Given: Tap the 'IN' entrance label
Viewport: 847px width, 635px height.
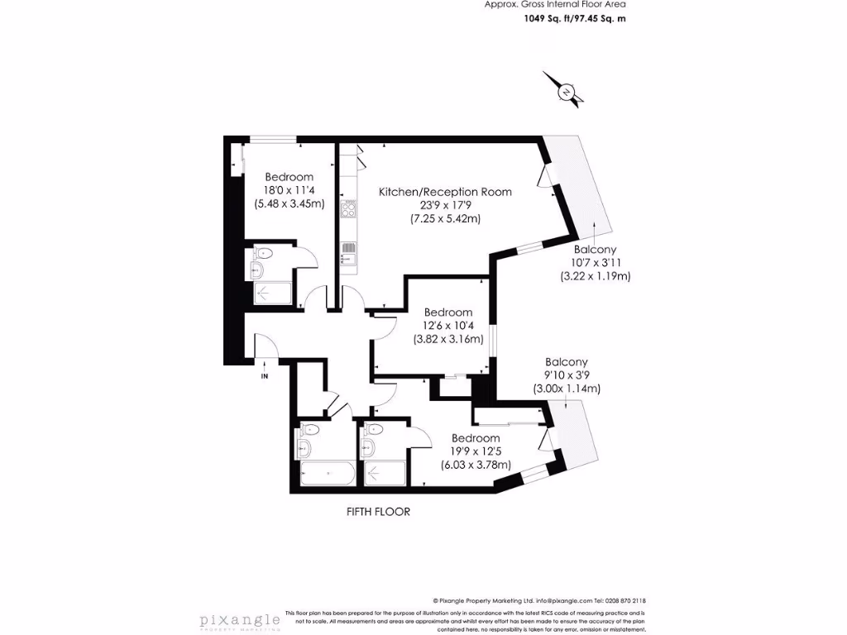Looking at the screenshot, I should [265, 376].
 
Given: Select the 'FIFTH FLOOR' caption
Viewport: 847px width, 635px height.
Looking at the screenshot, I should [378, 512].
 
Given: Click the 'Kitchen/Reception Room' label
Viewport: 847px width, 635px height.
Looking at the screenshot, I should [445, 192].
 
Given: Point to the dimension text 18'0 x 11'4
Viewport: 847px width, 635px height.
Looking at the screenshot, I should [289, 190].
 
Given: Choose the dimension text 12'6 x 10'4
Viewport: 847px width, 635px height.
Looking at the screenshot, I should [447, 325].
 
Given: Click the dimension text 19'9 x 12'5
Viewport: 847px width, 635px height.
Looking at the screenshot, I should [476, 451].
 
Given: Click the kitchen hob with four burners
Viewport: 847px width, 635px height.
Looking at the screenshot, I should [348, 210].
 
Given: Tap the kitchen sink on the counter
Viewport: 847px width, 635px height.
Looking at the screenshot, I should [348, 248].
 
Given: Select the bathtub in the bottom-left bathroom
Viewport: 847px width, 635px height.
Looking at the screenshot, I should [328, 475].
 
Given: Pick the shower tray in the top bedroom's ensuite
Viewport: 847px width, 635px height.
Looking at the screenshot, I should [273, 294].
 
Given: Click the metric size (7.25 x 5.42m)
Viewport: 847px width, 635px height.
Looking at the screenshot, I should [445, 219].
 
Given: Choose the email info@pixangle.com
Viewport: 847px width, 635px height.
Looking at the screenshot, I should [564, 601].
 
